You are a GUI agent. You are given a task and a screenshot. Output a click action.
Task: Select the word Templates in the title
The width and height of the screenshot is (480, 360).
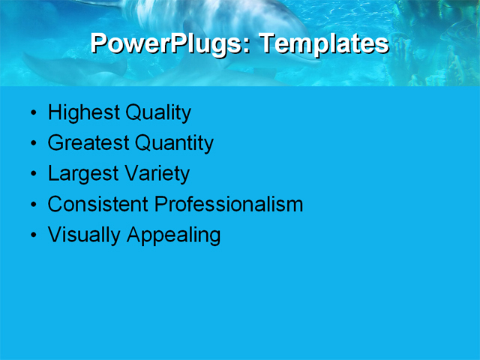tap(324, 43)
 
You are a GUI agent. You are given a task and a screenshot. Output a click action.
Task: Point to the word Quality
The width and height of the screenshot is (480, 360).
tap(158, 113)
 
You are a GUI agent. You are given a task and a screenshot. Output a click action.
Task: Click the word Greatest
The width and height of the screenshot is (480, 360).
tap(88, 143)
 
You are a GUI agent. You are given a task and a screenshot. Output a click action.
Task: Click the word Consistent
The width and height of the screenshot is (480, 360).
tap(98, 204)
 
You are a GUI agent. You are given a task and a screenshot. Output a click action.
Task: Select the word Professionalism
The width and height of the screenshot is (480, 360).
tap(229, 204)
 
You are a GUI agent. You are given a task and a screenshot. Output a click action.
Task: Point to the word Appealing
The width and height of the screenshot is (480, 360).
tap(173, 235)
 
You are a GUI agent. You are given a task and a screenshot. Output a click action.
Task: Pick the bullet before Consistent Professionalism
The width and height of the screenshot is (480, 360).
tap(32, 205)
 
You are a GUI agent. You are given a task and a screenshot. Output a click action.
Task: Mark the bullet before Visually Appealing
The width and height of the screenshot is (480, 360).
tap(32, 236)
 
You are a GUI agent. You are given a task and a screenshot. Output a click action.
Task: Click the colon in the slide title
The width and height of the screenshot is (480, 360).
tap(248, 45)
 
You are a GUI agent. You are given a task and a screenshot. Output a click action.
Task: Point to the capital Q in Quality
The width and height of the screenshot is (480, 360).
tap(133, 113)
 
